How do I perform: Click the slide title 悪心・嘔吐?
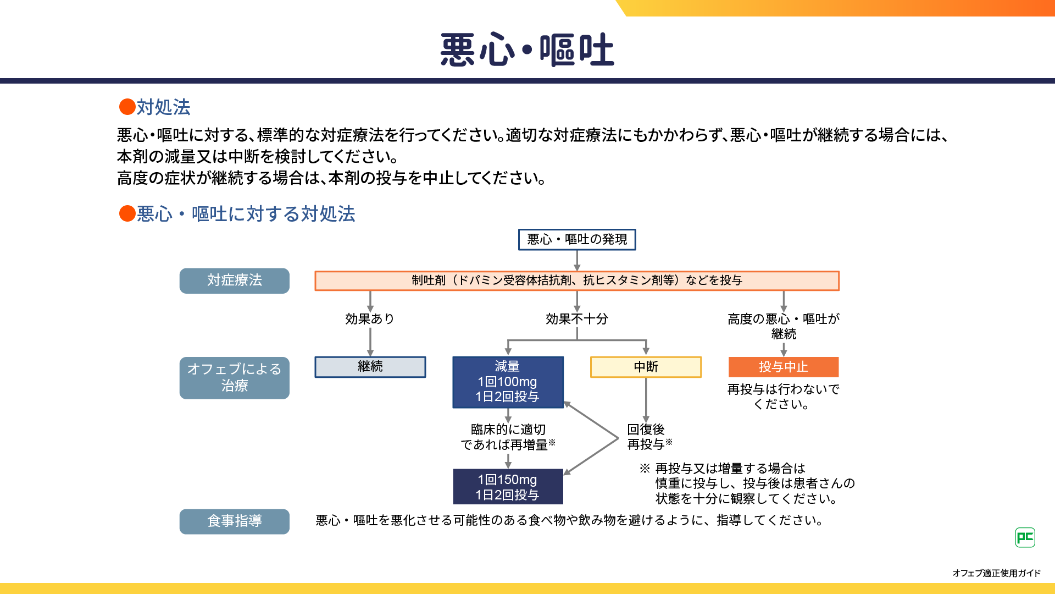coord(527,50)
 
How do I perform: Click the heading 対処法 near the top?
coord(163,107)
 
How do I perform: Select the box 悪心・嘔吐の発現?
coord(577,240)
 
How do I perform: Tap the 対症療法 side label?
coord(235,280)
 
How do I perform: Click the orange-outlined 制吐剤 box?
coord(577,280)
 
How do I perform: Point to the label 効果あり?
coord(370,319)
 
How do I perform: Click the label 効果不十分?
coord(577,319)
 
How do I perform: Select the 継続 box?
coord(370,367)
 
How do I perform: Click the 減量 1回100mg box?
coord(508,382)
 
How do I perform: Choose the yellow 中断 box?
coord(646,367)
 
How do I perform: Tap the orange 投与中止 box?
coord(784,367)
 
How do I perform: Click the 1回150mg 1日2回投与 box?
coord(508,487)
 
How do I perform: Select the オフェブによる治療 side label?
coord(235,377)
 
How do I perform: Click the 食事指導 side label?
coord(235,521)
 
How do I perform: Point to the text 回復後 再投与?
coord(649,437)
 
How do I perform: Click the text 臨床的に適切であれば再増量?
coord(508,437)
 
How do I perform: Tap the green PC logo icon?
coord(1025,537)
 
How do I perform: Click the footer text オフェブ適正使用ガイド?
coord(996,573)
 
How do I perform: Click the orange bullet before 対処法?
coord(127,107)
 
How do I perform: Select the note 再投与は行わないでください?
coord(783,397)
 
